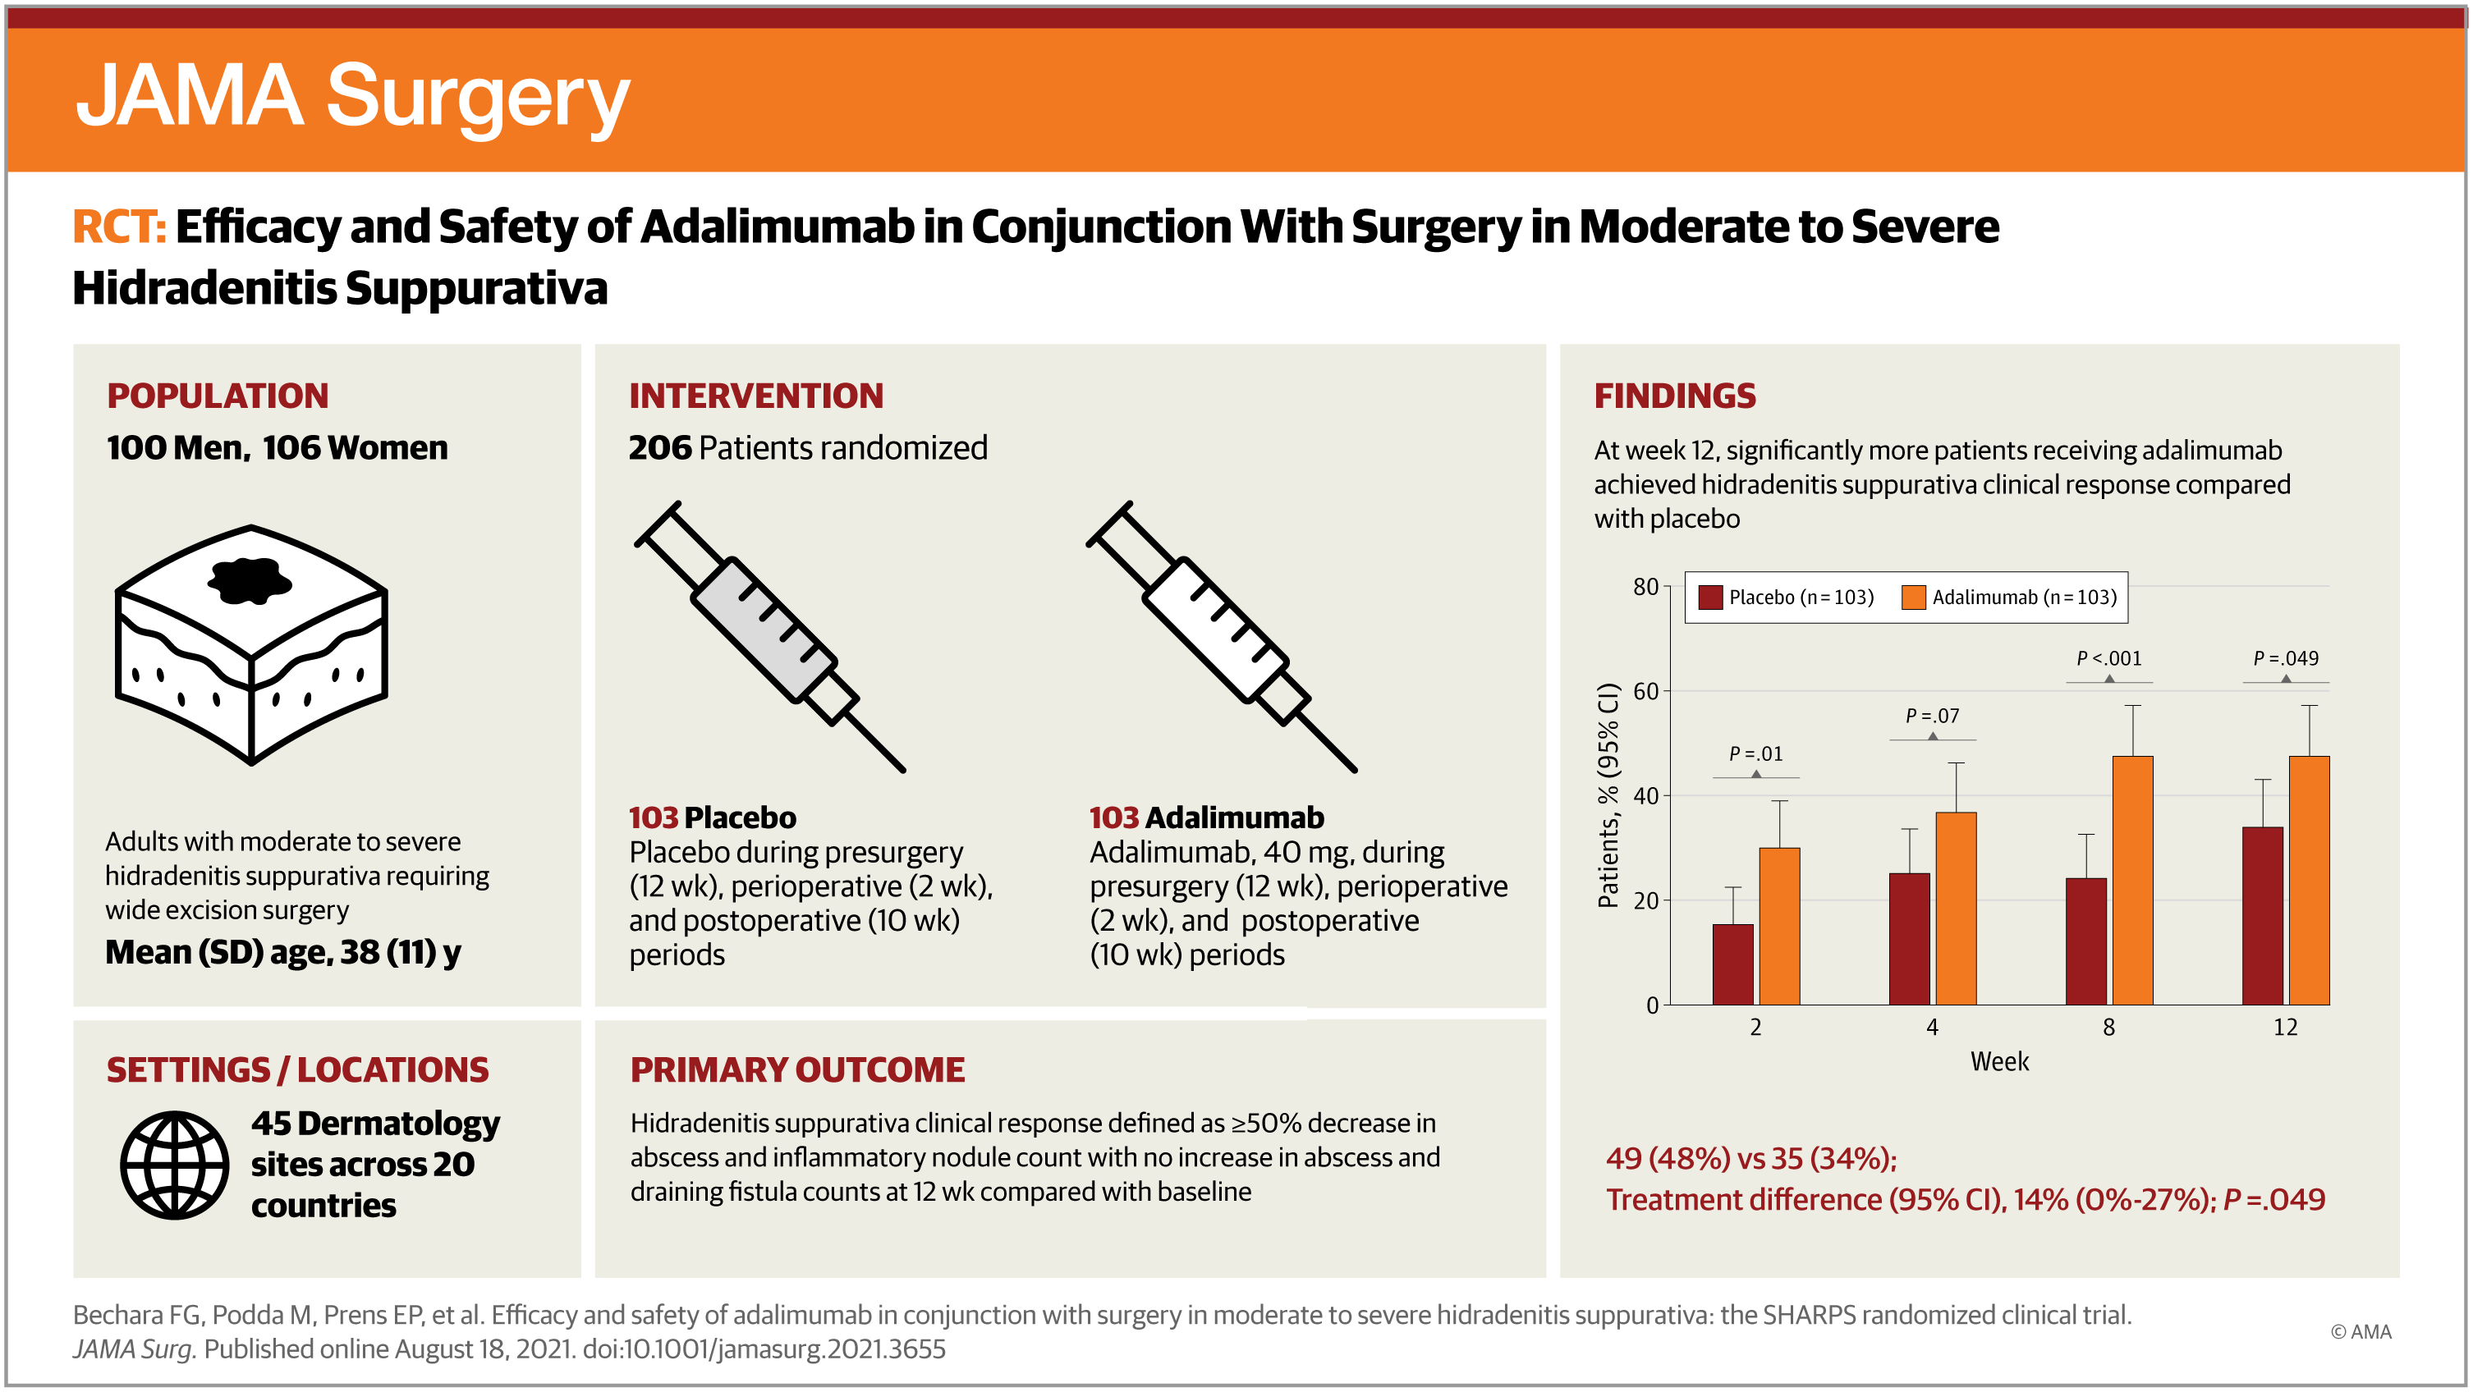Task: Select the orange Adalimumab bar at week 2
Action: pos(1779,926)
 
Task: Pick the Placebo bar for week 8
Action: pos(2085,941)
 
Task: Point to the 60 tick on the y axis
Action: pos(1645,691)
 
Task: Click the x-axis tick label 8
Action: pos(2108,1028)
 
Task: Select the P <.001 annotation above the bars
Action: pos(2108,658)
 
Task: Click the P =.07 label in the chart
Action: pos(1932,717)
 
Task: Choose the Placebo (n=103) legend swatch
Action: pos(1709,598)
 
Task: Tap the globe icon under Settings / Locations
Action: pos(175,1165)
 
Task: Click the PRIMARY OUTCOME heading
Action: pos(796,1069)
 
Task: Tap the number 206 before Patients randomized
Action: pos(659,448)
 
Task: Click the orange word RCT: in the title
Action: pos(119,227)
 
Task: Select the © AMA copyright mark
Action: pos(2360,1331)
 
